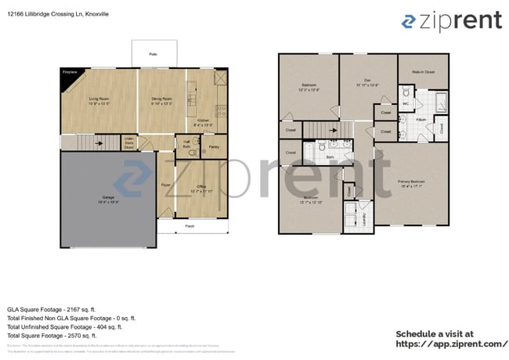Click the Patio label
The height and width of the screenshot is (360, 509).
[153, 54]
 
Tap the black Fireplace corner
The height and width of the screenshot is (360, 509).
[68, 74]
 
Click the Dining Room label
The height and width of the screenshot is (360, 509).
[161, 100]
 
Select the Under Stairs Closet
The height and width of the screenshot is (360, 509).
[129, 142]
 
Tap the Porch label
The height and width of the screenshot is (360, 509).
[190, 226]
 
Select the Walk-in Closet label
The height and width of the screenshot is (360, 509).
[423, 73]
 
